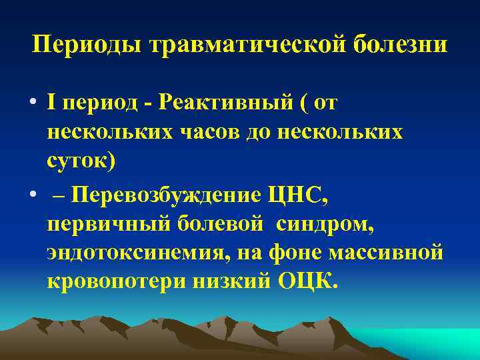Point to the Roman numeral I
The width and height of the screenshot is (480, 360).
(x=52, y=104)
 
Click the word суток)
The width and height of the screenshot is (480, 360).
(x=81, y=162)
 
